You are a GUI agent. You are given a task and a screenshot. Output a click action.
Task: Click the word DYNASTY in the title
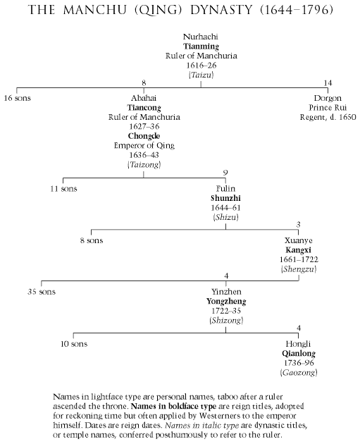[x=221, y=10]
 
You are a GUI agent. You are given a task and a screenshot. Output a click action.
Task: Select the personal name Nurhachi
[x=201, y=37]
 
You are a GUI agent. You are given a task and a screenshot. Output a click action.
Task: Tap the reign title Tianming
[x=201, y=47]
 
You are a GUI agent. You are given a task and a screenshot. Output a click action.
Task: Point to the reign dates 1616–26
[x=201, y=66]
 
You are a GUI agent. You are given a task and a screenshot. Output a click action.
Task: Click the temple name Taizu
[x=201, y=75]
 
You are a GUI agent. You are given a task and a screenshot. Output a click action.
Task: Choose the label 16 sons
[x=18, y=98]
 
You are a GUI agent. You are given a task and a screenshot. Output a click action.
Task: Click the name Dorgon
[x=328, y=98]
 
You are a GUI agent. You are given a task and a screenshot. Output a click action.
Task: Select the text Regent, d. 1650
[x=328, y=117]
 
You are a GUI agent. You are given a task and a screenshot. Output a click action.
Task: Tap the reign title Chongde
[x=144, y=136]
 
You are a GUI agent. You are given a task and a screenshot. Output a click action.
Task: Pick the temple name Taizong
[x=144, y=165]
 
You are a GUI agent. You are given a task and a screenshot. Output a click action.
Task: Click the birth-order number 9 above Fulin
[x=225, y=173]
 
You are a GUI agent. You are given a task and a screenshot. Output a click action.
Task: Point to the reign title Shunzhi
[x=225, y=198]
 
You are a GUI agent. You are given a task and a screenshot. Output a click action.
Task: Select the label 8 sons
[x=92, y=241]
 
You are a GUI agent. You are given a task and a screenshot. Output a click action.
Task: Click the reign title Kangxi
[x=298, y=250]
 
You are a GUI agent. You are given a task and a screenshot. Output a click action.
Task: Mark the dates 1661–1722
[x=299, y=259]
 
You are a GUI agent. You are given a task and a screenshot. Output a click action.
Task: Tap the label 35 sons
[x=42, y=292]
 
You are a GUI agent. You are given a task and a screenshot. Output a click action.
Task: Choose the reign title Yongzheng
[x=226, y=302]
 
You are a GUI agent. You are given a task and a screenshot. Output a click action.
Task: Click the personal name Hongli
[x=298, y=344]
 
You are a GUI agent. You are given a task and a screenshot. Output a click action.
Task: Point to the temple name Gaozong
[x=299, y=373]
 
